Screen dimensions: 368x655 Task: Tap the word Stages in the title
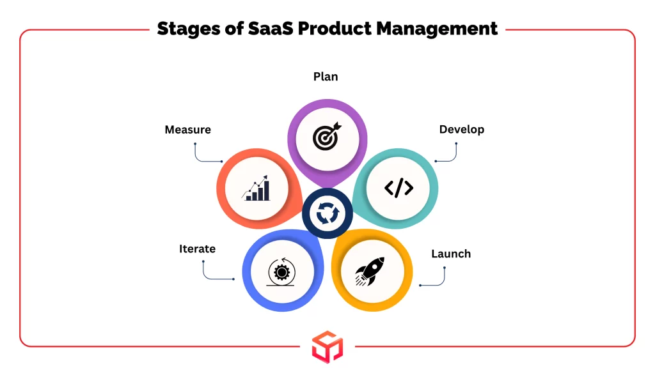[187, 29]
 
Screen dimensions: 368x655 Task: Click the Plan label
[326, 77]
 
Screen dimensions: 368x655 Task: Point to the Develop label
[461, 130]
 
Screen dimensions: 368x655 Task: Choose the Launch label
[450, 254]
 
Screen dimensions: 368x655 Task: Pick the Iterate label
[197, 249]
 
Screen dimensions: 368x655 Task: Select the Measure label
[187, 130]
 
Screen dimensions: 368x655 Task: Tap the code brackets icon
[399, 188]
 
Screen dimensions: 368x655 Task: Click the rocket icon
[370, 272]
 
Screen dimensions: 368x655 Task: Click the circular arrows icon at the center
[327, 213]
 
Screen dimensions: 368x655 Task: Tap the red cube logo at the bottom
[327, 347]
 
